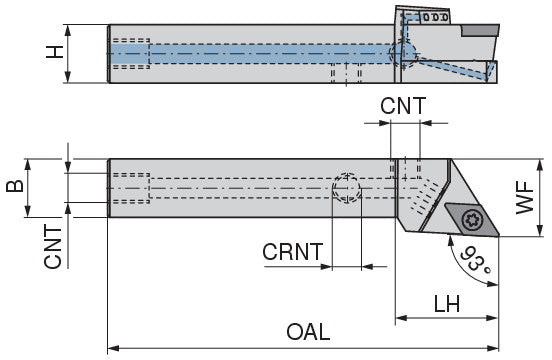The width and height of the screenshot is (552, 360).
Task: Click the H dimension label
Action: [55, 52]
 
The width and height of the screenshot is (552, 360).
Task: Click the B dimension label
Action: [15, 186]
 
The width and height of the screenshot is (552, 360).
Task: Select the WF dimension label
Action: [525, 197]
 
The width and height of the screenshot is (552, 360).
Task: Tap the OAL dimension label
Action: [308, 332]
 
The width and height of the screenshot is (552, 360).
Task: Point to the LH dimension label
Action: [447, 304]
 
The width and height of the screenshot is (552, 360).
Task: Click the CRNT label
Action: [293, 252]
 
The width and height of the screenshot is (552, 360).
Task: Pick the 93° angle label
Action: [475, 259]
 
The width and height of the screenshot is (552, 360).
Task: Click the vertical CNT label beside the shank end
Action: [53, 247]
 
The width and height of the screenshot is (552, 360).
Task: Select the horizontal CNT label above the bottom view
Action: [403, 106]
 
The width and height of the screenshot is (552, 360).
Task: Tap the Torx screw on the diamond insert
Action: [471, 220]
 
